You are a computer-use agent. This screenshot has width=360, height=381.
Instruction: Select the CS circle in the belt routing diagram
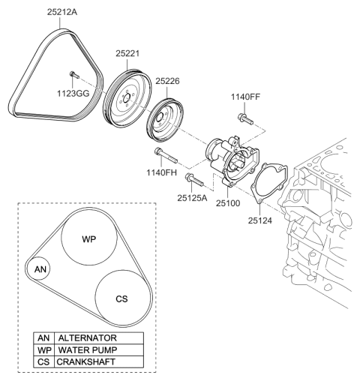pyautogui.click(x=121, y=298)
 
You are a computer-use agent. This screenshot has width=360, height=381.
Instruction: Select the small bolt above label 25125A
pyautogui.click(x=192, y=180)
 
